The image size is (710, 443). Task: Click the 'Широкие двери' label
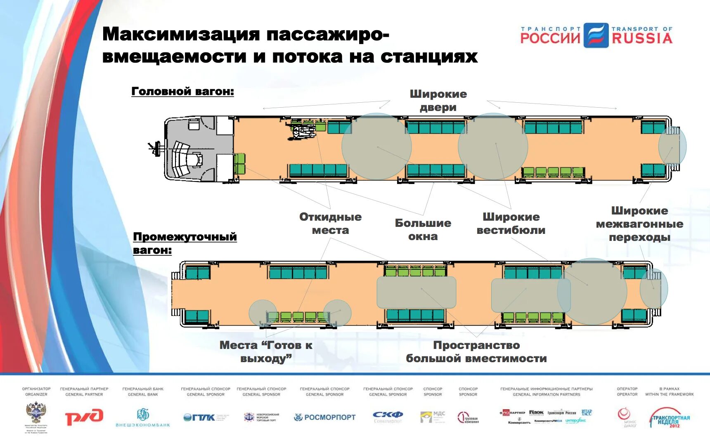[438, 101]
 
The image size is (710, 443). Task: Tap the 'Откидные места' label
[330, 224]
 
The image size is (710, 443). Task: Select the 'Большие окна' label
[423, 230]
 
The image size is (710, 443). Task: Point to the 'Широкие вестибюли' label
[511, 224]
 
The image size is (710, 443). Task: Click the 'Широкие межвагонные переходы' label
[639, 224]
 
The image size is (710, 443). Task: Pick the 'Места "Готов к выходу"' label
[266, 351]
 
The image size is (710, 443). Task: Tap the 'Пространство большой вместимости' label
[476, 351]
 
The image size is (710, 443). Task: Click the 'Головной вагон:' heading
[182, 91]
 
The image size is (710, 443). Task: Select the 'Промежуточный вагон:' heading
[185, 243]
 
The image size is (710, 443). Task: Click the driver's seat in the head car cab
[196, 159]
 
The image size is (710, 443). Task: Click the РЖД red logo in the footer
[84, 417]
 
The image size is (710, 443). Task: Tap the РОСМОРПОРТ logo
[324, 417]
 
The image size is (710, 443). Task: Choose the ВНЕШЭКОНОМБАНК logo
[143, 417]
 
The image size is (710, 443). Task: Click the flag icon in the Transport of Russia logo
[596, 35]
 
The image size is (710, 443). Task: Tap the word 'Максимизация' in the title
[181, 34]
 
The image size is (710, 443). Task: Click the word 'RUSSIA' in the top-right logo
[642, 38]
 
